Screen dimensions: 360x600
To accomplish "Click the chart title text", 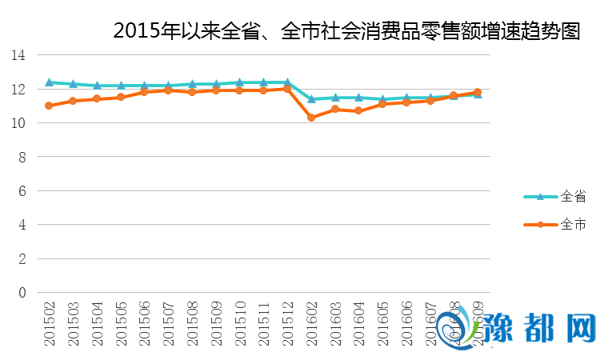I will [x=346, y=31].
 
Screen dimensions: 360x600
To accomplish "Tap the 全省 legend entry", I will [x=560, y=196].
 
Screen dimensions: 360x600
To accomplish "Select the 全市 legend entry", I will [x=560, y=225].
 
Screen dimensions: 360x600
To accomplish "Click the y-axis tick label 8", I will [x=22, y=157].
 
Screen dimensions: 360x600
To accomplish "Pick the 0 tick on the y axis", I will [x=22, y=293].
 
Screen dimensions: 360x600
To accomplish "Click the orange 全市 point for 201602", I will [x=311, y=118].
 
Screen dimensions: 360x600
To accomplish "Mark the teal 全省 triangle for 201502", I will [x=49, y=82].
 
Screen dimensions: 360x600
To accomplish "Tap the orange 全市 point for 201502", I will [x=49, y=106].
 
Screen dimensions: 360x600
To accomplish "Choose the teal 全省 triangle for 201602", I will [x=311, y=99].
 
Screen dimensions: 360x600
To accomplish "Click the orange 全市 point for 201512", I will [x=287, y=89].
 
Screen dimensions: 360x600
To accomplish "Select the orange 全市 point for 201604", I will [x=358, y=111].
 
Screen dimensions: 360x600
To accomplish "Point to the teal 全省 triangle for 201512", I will [x=287, y=82].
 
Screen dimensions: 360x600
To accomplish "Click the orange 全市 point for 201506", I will [x=144, y=92].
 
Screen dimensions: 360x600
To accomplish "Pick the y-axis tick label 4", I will [x=22, y=225].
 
